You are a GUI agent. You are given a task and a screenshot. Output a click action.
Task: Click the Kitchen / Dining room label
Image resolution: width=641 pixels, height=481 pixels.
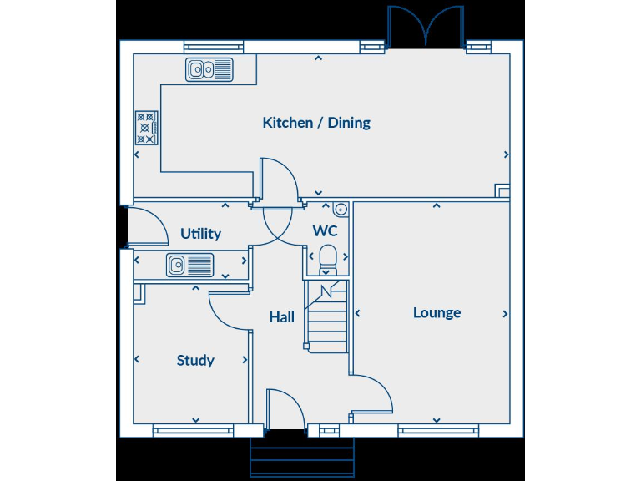316,123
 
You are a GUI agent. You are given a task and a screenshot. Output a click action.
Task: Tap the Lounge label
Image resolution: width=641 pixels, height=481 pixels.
437,312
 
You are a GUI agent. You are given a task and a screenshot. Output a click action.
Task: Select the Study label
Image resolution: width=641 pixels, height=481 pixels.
195,361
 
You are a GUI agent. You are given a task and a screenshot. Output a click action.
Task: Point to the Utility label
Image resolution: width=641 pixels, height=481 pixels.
200,234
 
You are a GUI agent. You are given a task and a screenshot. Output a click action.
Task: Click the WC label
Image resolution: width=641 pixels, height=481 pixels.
325,230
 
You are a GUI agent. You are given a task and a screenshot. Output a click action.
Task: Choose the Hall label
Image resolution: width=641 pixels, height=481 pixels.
281,317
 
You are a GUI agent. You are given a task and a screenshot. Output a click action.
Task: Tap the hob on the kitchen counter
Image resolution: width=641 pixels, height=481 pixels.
145,128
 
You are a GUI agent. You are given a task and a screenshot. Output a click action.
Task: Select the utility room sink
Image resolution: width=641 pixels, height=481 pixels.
189,266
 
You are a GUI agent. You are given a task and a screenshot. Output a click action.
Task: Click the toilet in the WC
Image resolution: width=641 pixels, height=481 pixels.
327,259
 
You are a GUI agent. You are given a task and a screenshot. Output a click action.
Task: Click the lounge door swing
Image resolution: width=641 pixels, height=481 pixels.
372,392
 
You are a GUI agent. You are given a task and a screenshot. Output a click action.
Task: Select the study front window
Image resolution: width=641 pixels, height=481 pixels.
193,431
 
